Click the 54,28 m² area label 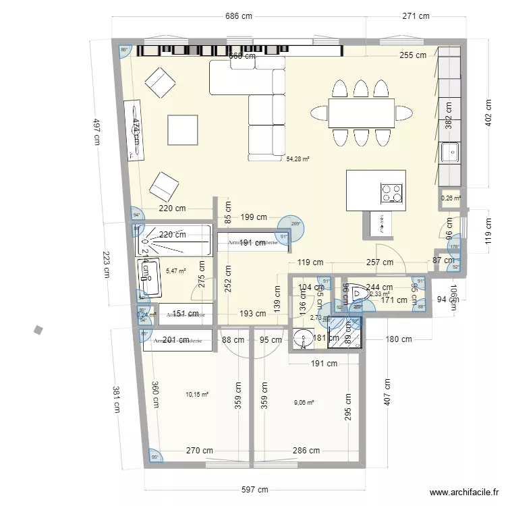(298, 159)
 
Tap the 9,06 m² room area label (304, 403)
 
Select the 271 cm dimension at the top (416, 16)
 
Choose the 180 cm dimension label (398, 339)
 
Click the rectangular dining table (362, 113)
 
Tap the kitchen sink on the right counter (450, 152)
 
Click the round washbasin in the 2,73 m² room (303, 339)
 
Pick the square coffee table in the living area (183, 130)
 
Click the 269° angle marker (296, 225)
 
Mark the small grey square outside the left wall (38, 330)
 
